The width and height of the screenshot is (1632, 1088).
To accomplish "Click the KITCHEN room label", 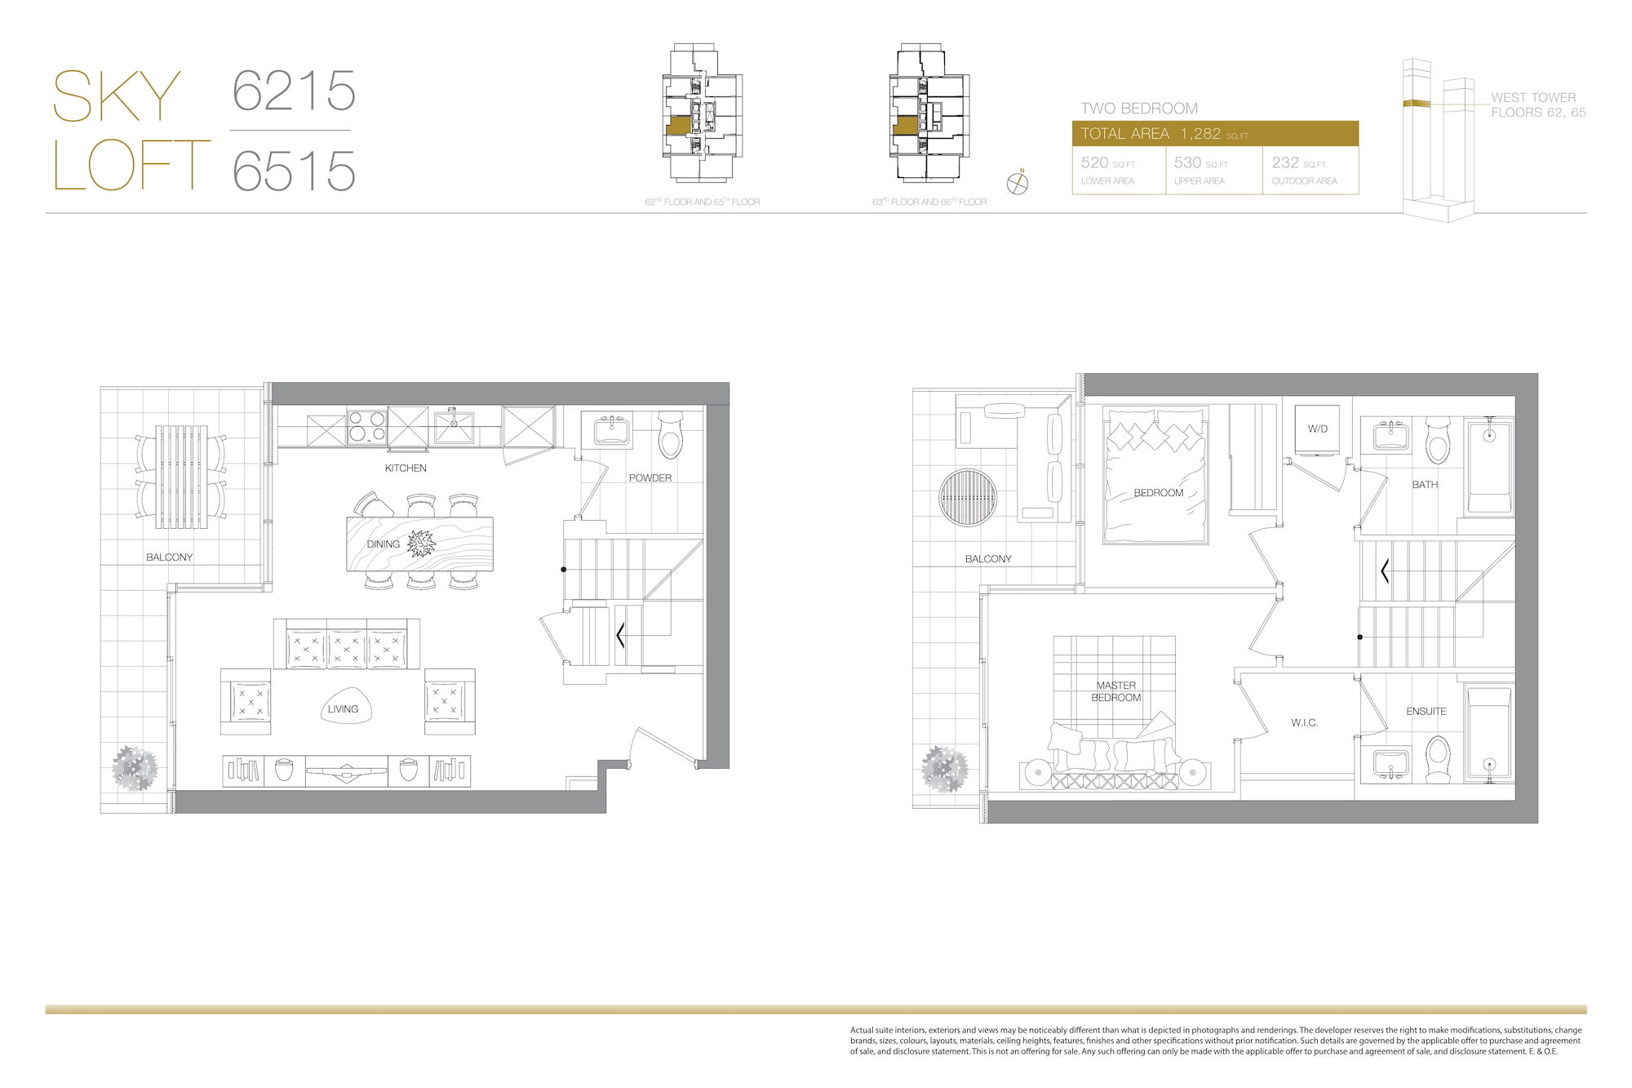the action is tap(406, 468).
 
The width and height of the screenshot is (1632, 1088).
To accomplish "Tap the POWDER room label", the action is tap(650, 477).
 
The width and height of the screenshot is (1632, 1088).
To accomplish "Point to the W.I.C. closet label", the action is tap(1304, 722).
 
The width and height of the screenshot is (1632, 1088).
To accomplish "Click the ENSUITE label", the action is tap(1426, 711).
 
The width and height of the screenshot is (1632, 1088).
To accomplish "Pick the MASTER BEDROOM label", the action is tap(1116, 691).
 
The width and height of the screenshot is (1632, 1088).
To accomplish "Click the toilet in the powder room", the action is tap(671, 435).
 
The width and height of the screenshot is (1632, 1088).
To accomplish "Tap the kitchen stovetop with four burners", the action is tap(367, 427).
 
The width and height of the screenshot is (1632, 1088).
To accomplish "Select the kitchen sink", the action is tap(454, 426).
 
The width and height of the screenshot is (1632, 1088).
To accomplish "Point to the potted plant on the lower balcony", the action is tap(134, 768).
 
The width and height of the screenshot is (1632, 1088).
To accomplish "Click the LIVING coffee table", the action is tap(344, 708).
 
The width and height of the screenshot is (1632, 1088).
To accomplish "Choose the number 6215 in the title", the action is tap(294, 91).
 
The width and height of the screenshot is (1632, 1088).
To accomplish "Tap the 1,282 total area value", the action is tap(1200, 134).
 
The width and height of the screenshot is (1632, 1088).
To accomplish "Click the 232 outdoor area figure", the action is tap(1285, 162).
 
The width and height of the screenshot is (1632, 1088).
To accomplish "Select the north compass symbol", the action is tap(1018, 183).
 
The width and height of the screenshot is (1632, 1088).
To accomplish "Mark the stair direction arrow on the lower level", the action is tap(620, 635).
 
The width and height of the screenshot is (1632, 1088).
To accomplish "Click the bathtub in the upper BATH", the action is tap(1489, 467).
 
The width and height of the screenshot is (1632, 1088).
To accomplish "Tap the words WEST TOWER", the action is tap(1533, 97).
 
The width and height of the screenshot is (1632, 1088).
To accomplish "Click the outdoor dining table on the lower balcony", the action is tap(181, 477).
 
